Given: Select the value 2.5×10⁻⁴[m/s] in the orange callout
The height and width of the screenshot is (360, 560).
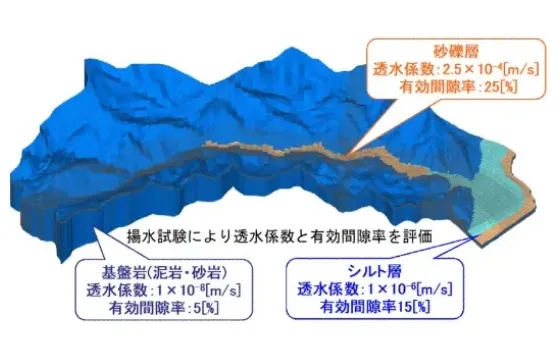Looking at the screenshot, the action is (x=490, y=69).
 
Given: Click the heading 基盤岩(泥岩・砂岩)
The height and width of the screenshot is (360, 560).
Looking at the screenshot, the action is (x=164, y=273).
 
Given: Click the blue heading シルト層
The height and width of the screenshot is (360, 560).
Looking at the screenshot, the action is (x=375, y=271).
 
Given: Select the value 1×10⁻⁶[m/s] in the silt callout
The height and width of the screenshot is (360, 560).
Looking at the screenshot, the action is (x=409, y=289).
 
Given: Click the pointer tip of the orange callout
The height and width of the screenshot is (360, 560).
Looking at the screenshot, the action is (x=349, y=155).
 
